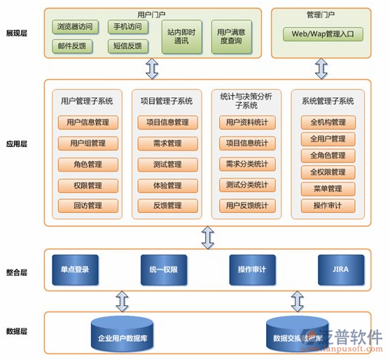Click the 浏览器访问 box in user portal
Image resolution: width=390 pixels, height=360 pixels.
(76, 27)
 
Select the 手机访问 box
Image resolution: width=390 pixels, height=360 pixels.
(127, 27)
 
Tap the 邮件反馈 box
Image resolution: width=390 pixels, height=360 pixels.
(71, 46)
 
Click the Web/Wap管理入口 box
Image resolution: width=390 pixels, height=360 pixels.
(323, 34)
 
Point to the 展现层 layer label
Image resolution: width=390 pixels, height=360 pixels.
(16, 33)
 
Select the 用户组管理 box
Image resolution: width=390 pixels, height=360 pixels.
(88, 144)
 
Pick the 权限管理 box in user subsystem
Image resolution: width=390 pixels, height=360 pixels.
(88, 186)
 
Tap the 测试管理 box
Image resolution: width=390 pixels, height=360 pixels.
(167, 165)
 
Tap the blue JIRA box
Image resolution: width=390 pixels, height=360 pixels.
(342, 269)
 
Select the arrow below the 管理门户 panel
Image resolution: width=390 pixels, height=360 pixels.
(321, 68)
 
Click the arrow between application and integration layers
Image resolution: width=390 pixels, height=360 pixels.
(207, 237)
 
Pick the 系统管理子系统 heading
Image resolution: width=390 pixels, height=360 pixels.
(328, 101)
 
